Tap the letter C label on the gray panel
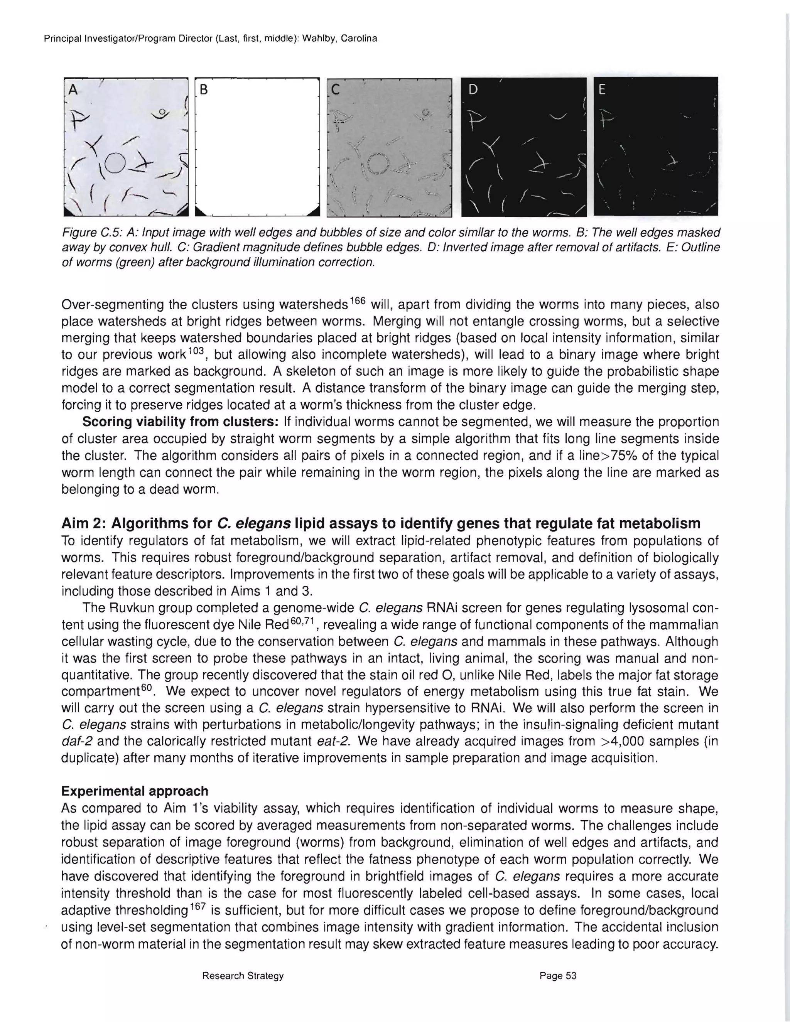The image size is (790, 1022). click(335, 89)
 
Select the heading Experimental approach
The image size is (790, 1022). click(135, 791)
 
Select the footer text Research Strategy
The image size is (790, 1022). click(243, 976)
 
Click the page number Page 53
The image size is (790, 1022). click(558, 976)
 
